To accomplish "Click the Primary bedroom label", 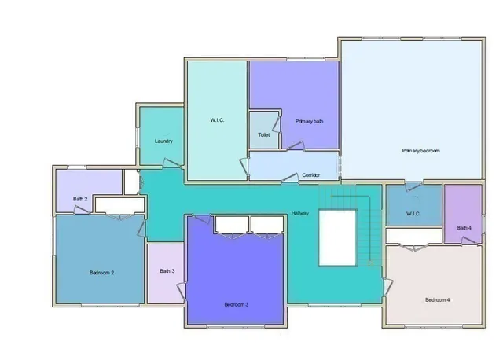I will tap(420, 150).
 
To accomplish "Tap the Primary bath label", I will tap(309, 121).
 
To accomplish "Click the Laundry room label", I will tap(163, 141).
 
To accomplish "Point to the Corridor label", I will tap(311, 174).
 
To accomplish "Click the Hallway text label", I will tap(300, 213).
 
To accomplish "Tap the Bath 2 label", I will tap(80, 199).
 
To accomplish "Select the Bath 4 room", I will tap(464, 215).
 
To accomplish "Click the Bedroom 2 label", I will tap(102, 273).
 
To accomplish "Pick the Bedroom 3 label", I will tap(237, 304).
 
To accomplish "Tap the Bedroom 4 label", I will tap(438, 299).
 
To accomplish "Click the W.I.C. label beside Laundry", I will tap(217, 120).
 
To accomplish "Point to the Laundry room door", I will tap(171, 163).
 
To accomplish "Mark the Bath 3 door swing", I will tap(181, 291).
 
